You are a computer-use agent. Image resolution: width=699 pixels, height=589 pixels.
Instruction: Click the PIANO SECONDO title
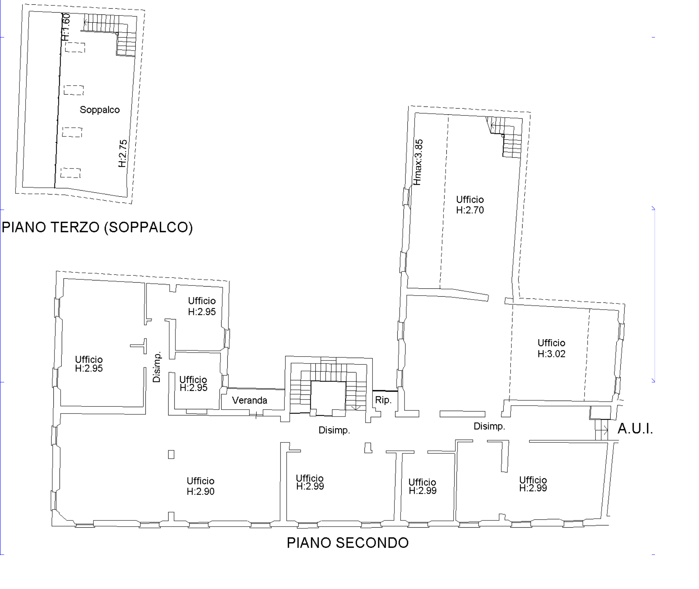point(348,543)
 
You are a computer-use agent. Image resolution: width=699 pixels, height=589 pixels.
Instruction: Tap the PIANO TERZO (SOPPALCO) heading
point(97,227)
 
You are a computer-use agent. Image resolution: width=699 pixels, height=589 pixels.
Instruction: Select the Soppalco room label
point(100,110)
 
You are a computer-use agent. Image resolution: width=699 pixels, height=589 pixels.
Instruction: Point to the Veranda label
point(250,400)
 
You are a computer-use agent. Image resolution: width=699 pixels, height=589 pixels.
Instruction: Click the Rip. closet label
point(383,400)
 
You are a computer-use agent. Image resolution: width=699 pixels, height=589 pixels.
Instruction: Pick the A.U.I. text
point(635,428)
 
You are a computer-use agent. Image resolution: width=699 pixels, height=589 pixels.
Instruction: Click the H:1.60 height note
point(66,27)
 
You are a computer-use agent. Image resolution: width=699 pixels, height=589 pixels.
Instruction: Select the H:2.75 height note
point(123,153)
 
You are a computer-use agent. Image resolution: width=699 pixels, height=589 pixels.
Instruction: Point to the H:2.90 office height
point(201,492)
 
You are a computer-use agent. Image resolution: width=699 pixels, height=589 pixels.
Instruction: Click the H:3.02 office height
point(551,354)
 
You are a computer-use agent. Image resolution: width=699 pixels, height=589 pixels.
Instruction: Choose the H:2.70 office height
point(470,210)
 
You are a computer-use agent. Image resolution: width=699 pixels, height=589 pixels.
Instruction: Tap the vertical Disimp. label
point(157,367)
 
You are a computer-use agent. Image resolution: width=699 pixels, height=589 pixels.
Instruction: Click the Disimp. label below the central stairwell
point(334,430)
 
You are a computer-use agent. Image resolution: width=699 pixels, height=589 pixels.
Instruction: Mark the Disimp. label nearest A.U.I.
point(489,426)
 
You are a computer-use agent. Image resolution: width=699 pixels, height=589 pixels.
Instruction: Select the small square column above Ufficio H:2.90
point(171,454)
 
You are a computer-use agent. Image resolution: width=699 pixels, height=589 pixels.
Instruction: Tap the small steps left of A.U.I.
point(602,430)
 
